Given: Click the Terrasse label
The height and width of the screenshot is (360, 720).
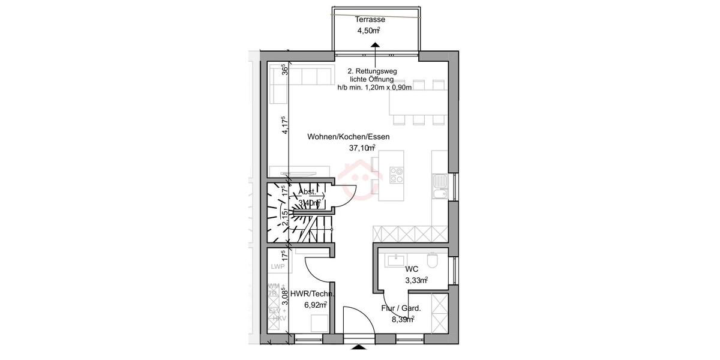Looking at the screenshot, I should (374, 20).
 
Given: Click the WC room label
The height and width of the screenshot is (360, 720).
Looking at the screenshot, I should (412, 269).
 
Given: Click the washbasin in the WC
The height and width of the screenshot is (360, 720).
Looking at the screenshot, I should (397, 260).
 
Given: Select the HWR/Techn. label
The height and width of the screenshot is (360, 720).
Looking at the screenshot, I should (312, 294).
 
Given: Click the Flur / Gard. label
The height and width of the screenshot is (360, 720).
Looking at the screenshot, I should (401, 308).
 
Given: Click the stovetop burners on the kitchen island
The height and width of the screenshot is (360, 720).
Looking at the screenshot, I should (397, 175).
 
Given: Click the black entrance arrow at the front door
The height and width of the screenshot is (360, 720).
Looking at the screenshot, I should (358, 347).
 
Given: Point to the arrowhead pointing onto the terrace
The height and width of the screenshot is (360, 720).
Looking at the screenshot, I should (374, 44).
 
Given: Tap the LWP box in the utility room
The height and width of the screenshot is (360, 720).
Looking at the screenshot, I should (277, 266).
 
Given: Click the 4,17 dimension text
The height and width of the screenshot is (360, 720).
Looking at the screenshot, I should (285, 127).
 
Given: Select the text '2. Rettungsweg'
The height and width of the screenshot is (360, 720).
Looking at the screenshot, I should (372, 71).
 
